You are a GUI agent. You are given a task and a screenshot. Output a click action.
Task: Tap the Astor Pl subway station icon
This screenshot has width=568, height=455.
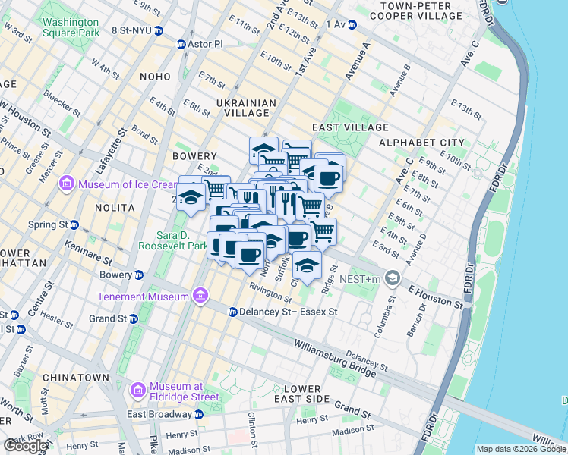tap(181, 44)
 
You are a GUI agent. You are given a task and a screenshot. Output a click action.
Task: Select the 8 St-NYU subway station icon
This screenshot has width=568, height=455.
tap(159, 31)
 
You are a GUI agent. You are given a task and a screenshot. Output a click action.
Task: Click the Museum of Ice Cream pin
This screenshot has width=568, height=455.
tap(66, 184)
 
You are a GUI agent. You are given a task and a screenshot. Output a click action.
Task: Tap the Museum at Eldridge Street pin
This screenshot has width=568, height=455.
tap(138, 391)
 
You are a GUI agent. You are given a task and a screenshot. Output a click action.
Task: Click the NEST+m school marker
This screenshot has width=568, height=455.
tap(392, 278)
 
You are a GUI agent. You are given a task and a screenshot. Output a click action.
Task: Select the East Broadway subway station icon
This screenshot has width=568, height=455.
tap(198, 414)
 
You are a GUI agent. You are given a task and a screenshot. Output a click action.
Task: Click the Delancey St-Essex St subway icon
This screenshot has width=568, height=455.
tap(233, 312)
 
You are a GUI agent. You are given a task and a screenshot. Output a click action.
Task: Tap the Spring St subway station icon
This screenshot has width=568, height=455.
tap(74, 225)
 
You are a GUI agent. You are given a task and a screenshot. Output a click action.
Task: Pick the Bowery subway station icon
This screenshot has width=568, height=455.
tap(139, 275)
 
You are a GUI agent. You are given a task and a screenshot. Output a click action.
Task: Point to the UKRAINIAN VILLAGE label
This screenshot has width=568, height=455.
tap(245, 108)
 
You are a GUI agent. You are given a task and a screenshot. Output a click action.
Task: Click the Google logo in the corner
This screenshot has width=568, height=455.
tap(26, 446)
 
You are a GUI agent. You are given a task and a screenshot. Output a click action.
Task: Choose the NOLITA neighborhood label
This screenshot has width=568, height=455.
tap(114, 207)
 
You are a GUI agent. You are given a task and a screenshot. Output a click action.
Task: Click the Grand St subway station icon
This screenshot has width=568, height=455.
tap(133, 319)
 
